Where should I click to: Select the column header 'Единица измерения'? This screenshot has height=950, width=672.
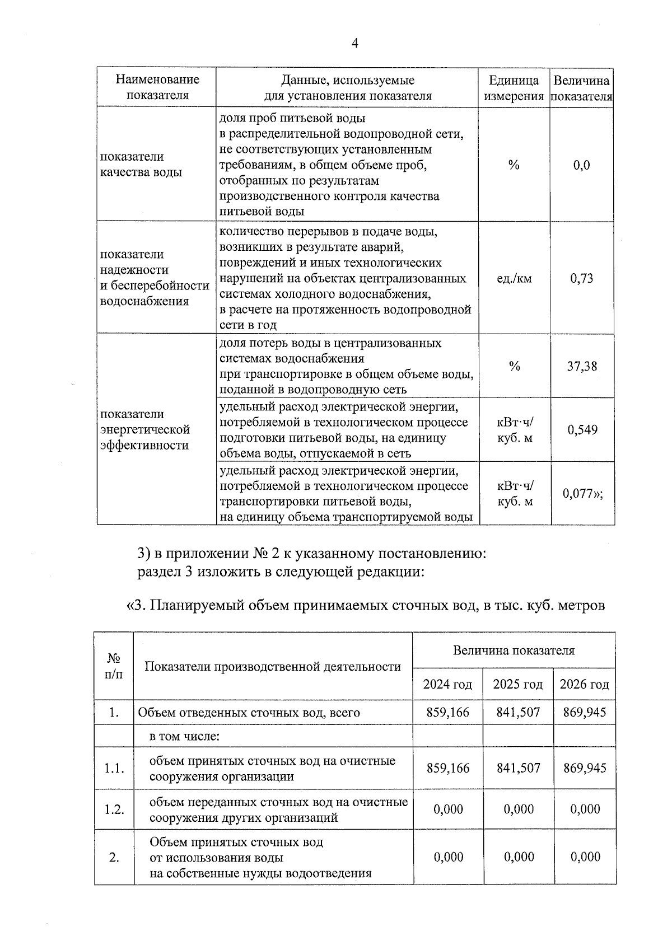(514, 88)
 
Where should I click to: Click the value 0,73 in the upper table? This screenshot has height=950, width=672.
(582, 278)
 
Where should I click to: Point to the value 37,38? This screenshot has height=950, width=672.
(582, 367)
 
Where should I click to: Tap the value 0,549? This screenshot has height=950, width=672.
(582, 430)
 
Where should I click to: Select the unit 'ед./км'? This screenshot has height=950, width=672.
(514, 278)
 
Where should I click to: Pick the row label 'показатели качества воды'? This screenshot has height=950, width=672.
(141, 165)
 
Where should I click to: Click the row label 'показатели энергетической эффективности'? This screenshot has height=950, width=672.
(144, 429)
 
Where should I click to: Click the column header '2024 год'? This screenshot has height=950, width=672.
(447, 685)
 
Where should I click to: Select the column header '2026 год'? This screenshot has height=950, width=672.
(584, 685)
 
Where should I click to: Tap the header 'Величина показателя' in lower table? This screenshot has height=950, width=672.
(514, 651)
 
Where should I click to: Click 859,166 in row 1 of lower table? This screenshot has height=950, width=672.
(447, 713)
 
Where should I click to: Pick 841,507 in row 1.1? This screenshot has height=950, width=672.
(518, 768)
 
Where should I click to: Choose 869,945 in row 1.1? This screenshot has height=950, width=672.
(584, 768)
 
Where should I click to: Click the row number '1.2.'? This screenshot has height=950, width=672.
(114, 809)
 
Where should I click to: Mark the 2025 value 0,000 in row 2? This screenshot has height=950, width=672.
(518, 857)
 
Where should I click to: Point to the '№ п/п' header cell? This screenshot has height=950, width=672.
(114, 666)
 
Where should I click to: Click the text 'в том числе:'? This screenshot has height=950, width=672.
(184, 737)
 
